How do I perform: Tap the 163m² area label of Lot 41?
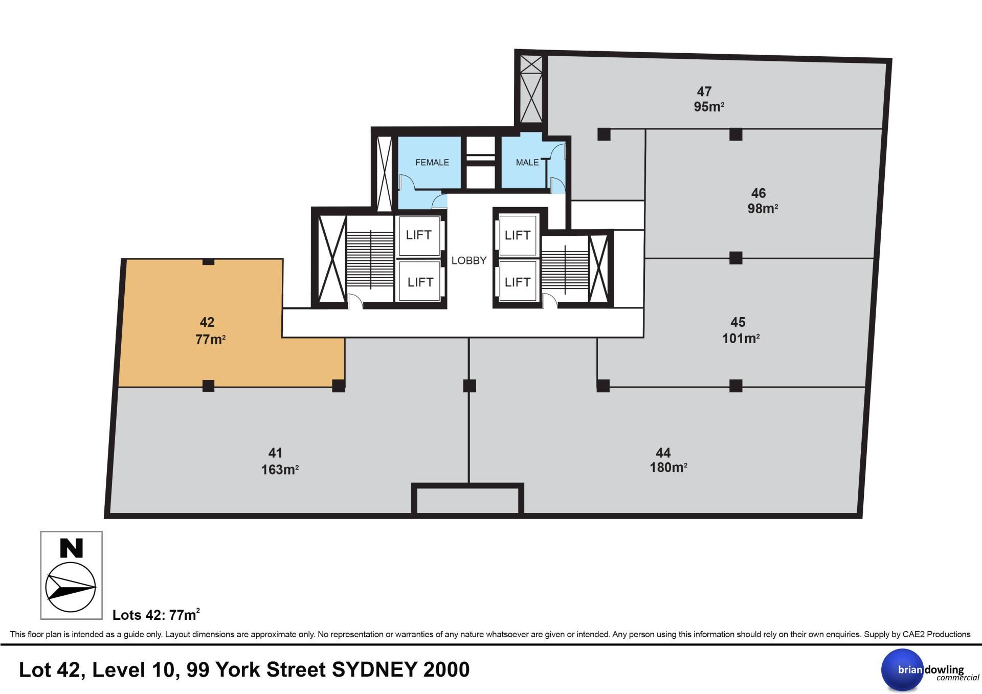click(280, 469)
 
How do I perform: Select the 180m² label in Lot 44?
click(668, 467)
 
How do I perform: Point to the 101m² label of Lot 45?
click(741, 338)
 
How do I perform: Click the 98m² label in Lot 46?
click(763, 209)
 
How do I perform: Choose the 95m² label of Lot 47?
click(709, 107)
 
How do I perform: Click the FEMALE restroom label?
click(432, 163)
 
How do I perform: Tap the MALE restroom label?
click(527, 163)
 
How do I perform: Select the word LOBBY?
click(469, 261)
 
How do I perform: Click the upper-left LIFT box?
click(419, 235)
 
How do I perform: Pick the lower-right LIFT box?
click(518, 282)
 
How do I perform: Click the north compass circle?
click(71, 588)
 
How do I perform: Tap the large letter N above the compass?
click(72, 548)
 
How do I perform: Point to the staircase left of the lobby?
click(370, 260)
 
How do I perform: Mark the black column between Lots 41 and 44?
click(470, 386)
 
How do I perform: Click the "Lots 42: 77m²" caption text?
click(156, 614)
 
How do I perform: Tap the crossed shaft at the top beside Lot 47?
click(531, 88)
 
